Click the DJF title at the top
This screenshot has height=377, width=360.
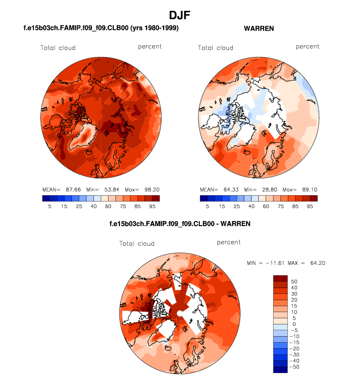[x=179, y=16]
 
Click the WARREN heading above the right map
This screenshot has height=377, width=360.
[x=259, y=29]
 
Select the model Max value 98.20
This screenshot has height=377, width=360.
[x=148, y=189]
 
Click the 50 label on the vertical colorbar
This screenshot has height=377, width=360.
[x=293, y=281]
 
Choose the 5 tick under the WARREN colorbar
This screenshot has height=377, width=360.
[x=208, y=206]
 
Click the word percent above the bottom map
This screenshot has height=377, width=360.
[x=229, y=242]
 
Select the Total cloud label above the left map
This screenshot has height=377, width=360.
[x=58, y=48]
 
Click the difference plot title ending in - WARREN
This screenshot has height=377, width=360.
[x=180, y=224]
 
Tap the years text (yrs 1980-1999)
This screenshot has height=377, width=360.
[x=151, y=29]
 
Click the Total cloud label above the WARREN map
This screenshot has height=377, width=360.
[x=215, y=48]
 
